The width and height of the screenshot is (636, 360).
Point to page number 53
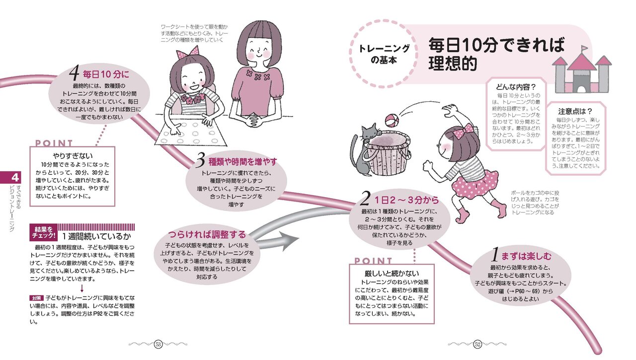pos(159,345)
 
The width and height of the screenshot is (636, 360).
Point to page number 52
pos(477,345)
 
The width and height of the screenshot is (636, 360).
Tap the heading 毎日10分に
pos(99,75)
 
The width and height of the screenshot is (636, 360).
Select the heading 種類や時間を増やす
pos(236,162)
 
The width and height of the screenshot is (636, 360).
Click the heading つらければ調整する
pos(207,234)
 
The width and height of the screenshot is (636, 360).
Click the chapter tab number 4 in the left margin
pos(15,177)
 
